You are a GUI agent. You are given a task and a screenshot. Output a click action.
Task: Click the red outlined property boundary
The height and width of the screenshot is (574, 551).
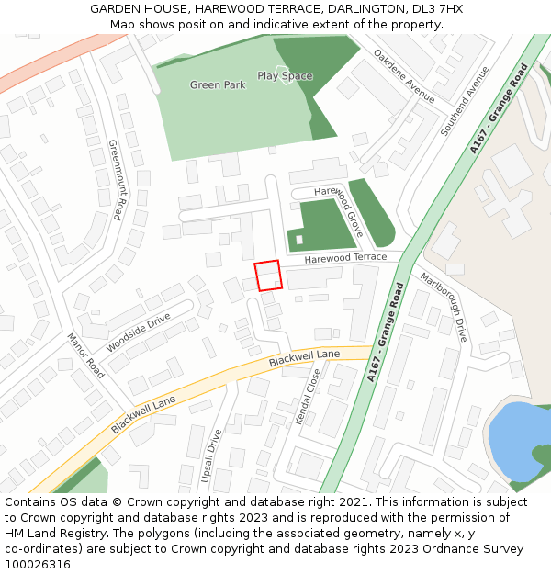point(267,276)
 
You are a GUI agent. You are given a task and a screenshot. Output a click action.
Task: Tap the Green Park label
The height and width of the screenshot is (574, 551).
point(218,85)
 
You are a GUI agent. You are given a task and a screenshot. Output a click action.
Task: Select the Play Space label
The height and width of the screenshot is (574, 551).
point(285,76)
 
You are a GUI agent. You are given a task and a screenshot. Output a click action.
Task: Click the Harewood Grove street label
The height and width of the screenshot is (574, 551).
point(339,211)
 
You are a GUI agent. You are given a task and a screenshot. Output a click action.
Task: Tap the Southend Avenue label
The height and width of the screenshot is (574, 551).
point(465,101)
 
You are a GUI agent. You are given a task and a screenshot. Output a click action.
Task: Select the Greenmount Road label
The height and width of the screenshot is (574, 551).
point(115,180)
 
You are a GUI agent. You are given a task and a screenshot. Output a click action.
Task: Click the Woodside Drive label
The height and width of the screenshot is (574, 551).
point(139,332)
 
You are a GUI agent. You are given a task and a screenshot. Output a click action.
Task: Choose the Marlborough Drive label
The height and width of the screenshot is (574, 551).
point(444,307)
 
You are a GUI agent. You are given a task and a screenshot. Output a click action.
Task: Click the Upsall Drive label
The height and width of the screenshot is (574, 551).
point(212,456)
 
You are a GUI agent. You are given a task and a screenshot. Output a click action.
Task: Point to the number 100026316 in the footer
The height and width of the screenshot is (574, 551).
point(39,565)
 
